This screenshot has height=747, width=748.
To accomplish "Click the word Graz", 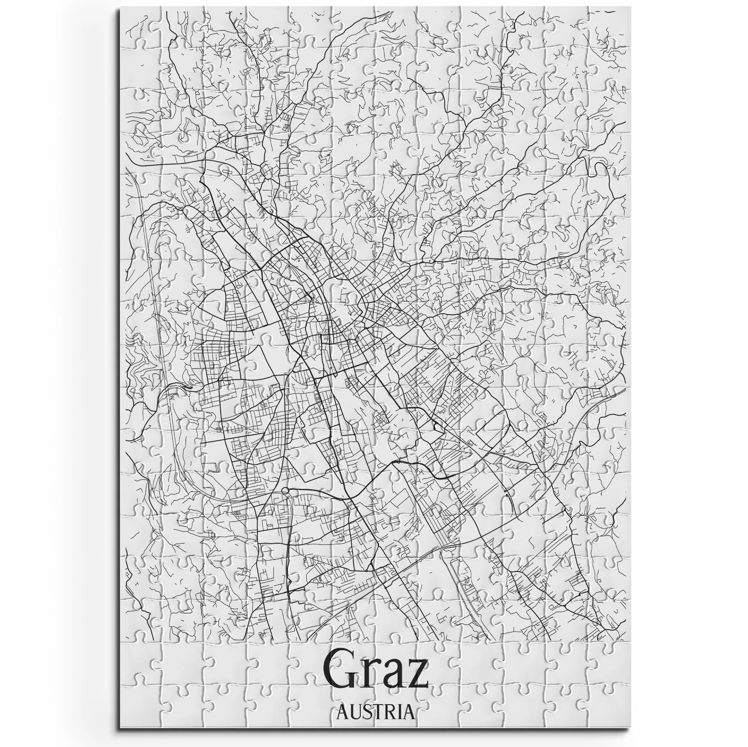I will [375, 676].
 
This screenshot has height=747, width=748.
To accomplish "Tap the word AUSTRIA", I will [376, 712].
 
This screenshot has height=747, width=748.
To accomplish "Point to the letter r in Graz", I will [370, 681].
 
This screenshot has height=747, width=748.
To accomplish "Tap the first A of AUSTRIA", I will [342, 712].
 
